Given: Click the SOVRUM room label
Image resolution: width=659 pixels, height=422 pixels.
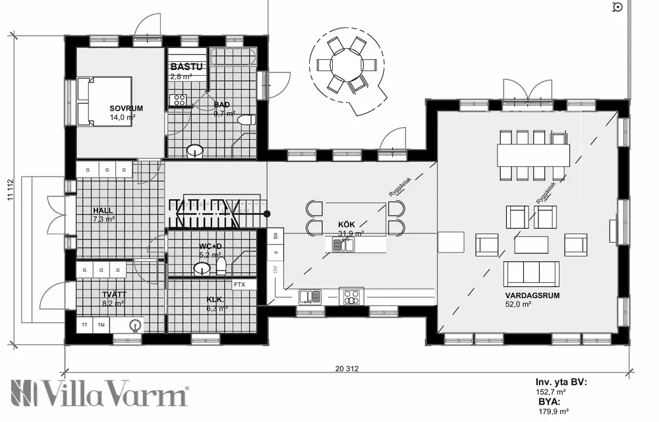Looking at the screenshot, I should (126, 107).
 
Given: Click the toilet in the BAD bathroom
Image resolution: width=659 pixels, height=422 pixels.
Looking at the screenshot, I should (247, 120).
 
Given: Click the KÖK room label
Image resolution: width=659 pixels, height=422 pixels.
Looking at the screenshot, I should (346, 224).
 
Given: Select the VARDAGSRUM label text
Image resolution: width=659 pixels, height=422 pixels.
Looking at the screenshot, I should (532, 295).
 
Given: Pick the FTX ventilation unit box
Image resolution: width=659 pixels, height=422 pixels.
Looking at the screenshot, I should (239, 285).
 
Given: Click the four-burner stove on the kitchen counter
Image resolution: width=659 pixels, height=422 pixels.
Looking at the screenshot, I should (351, 297).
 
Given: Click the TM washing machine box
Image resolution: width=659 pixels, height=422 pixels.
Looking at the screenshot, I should (101, 325).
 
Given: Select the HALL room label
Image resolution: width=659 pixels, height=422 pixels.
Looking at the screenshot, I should (103, 210).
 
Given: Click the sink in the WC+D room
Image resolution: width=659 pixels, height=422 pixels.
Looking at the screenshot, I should (202, 268).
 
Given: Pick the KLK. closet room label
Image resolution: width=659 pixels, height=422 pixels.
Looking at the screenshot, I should (215, 299).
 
